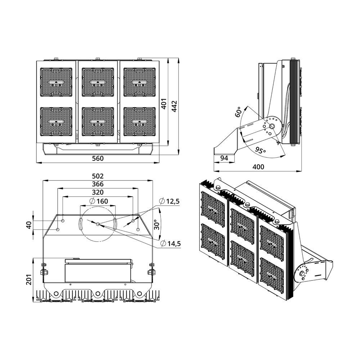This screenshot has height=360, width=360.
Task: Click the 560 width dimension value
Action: [98, 158]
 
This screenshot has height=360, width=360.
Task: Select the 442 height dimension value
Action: [175, 106]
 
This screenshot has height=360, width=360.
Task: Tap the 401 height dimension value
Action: [164, 104]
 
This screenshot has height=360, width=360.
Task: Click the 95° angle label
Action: [260, 150]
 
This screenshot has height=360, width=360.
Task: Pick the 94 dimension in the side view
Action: [224, 158]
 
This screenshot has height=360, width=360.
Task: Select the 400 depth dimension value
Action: [258, 167]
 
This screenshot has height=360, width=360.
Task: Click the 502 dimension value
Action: [98, 176]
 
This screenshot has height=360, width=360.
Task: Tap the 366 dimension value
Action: [98, 184]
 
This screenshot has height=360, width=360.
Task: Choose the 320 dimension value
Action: [98, 192]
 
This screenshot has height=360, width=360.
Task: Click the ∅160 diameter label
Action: [99, 201]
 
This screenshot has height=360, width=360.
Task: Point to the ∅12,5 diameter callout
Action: [170, 201]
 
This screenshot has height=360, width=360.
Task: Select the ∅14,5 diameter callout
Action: [171, 243]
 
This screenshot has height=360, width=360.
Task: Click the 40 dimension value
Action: [29, 225]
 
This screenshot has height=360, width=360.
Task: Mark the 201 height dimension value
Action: [29, 279]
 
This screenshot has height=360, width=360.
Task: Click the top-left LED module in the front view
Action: [56, 82]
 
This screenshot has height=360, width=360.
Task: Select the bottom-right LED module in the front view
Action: [140, 121]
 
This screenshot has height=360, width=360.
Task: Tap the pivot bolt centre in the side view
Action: [272, 126]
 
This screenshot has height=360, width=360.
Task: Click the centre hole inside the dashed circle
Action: [98, 224]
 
